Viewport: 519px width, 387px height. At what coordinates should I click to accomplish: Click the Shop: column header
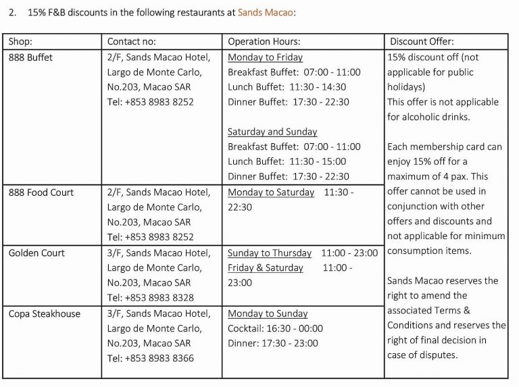click(x=20, y=42)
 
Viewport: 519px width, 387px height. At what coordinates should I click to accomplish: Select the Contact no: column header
click(x=134, y=42)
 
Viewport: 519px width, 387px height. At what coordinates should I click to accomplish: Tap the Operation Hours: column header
click(x=264, y=42)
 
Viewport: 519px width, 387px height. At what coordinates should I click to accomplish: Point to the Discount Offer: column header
click(x=422, y=42)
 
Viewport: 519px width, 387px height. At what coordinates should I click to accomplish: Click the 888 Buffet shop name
click(x=30, y=57)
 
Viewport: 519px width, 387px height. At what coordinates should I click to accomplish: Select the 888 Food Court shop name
click(x=41, y=192)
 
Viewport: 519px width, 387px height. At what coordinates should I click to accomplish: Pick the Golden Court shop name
click(x=36, y=253)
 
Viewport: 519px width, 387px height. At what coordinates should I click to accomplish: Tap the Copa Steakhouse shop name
click(x=44, y=314)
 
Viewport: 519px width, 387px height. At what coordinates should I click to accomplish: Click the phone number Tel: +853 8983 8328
click(x=150, y=298)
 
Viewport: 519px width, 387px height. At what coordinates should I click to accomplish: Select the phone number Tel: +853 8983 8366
click(x=150, y=359)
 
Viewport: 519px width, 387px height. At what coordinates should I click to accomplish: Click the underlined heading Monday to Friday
click(x=265, y=57)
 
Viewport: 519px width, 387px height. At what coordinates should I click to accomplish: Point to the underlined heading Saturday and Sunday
click(x=272, y=132)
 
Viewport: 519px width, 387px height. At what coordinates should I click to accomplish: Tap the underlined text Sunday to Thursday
click(x=270, y=253)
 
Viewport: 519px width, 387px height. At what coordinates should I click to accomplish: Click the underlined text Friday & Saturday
click(x=266, y=268)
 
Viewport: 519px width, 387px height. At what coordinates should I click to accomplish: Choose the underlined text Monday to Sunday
click(x=268, y=314)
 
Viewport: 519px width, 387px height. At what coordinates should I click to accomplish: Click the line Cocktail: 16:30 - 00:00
click(x=275, y=329)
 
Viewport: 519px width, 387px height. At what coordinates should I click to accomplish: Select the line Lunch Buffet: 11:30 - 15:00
click(x=287, y=161)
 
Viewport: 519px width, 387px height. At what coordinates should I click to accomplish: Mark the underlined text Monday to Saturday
click(x=271, y=192)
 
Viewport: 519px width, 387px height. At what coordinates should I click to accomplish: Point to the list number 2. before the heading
click(x=13, y=12)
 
